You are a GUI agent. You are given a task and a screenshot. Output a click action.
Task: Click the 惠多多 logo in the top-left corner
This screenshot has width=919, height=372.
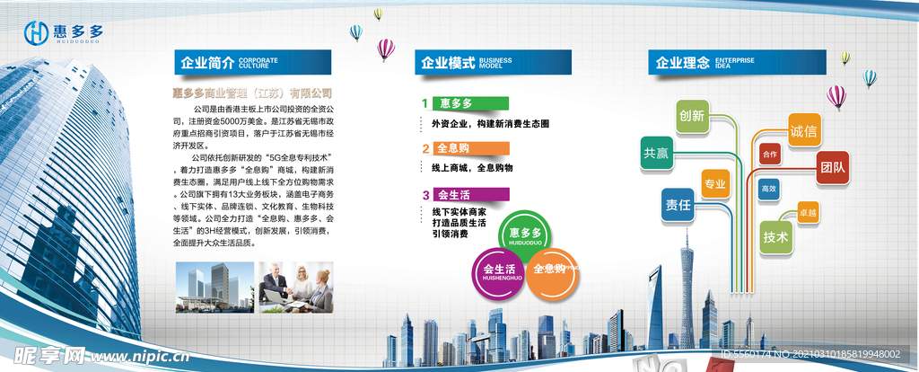point(64,32)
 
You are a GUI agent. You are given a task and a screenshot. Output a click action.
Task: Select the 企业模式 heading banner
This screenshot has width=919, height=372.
point(493,63)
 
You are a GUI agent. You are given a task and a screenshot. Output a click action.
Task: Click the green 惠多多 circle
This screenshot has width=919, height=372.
point(527,236)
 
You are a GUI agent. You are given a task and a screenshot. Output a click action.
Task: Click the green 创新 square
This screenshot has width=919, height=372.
point(692,116)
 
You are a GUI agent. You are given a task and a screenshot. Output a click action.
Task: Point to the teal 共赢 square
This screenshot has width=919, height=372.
point(656,154)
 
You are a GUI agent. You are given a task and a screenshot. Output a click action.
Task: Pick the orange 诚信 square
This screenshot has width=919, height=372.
point(804,131)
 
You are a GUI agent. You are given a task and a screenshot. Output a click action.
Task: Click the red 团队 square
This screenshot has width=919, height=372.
point(832,167)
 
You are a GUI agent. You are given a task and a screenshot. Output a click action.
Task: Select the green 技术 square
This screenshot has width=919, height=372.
point(776,237)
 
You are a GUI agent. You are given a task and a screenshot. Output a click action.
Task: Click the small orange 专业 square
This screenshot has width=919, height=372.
point(715,185)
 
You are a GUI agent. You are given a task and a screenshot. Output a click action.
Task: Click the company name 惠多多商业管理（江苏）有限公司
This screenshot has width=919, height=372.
point(252,93)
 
